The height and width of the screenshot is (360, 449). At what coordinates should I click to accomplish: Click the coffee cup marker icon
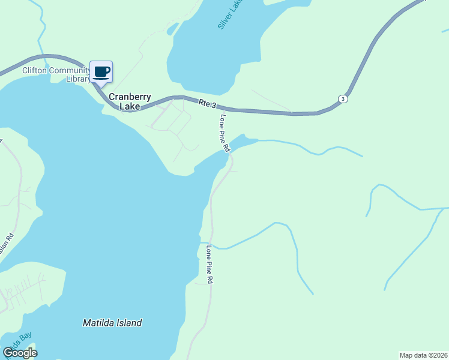click(x=101, y=72)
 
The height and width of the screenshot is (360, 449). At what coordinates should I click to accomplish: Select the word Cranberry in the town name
click(x=130, y=97)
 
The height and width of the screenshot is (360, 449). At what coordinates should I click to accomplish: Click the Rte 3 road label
click(x=207, y=103)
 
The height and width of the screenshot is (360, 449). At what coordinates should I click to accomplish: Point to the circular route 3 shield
click(x=342, y=99)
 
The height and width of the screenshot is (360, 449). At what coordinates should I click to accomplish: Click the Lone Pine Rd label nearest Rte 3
click(x=224, y=133)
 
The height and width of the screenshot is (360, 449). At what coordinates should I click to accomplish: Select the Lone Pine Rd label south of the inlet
click(x=209, y=264)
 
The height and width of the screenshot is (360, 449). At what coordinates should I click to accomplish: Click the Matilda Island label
click(x=112, y=323)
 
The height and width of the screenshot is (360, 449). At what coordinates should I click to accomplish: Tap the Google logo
click(x=20, y=352)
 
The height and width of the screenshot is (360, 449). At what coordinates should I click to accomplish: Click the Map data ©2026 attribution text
click(x=424, y=355)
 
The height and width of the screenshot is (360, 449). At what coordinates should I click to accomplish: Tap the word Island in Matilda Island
click(x=128, y=323)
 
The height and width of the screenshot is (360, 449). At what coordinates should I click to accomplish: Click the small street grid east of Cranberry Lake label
click(x=174, y=123)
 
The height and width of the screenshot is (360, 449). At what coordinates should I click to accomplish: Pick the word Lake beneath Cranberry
click(x=130, y=107)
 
